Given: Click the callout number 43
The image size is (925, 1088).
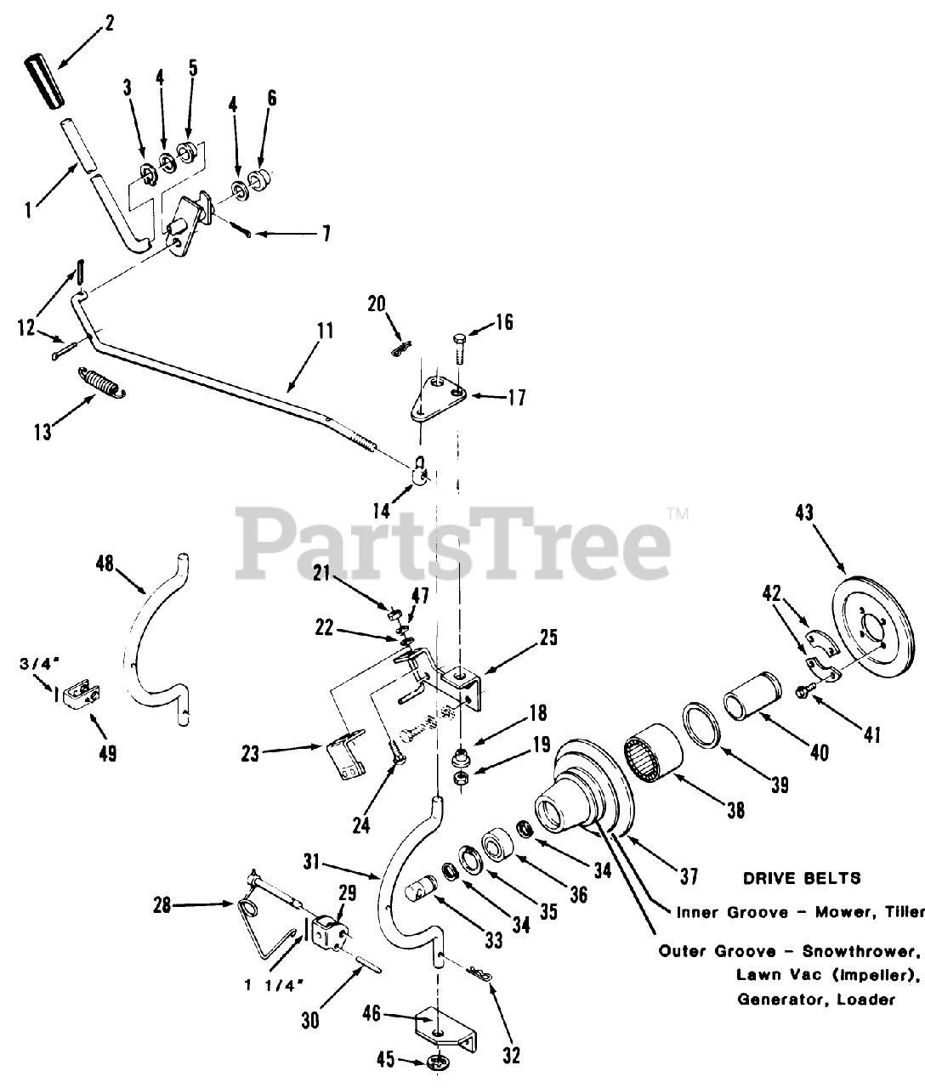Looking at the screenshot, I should click(x=804, y=513).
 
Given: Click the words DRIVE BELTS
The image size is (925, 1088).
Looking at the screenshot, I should click(x=802, y=877).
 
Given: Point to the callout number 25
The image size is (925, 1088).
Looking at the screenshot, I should click(x=548, y=637).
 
